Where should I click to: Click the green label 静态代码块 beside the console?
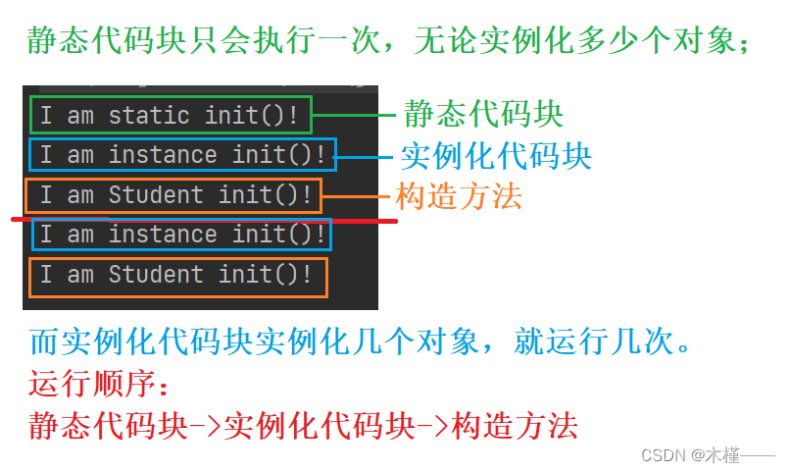[483, 114]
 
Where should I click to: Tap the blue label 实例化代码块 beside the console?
[497, 155]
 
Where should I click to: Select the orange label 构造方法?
[459, 196]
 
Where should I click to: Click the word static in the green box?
[148, 115]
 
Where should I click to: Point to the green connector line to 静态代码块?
[357, 115]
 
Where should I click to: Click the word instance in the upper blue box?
[163, 154]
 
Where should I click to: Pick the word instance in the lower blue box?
[163, 235]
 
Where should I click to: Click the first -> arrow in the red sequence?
[203, 426]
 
